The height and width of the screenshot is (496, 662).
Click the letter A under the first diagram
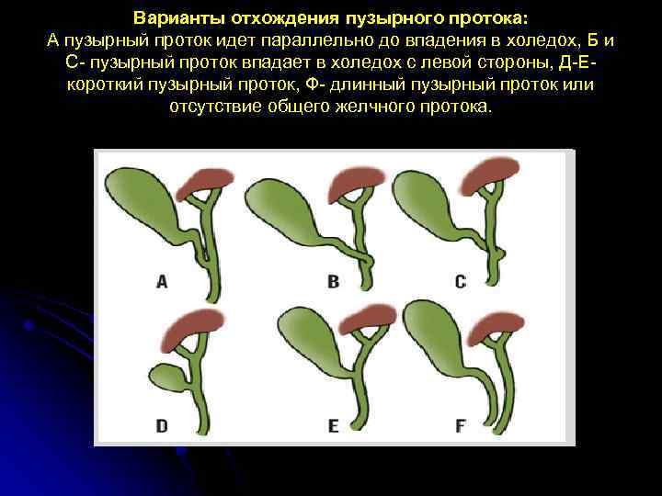[162, 282]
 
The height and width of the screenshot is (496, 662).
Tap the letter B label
[334, 282]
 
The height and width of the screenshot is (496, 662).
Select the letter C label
[461, 282]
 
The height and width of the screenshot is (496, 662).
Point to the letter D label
[162, 425]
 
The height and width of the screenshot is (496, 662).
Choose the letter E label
[334, 425]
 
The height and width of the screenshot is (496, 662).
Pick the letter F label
[461, 425]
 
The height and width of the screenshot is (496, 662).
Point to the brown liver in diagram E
[368, 318]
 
